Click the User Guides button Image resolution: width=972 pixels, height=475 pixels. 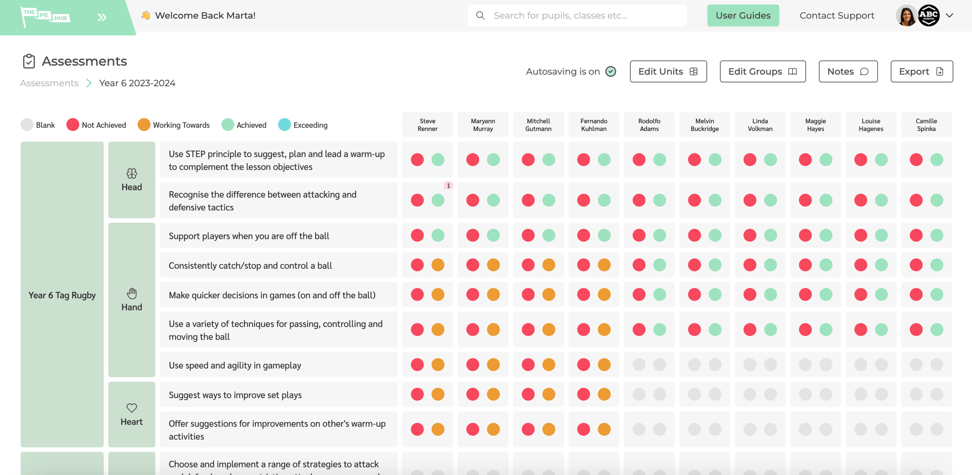click(x=743, y=16)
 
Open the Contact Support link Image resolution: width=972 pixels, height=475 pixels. click(x=837, y=16)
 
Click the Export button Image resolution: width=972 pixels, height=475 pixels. click(x=921, y=72)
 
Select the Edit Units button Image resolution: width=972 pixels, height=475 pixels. click(x=668, y=72)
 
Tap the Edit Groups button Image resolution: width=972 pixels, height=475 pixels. click(x=762, y=72)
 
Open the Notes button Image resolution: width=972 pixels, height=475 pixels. click(x=848, y=72)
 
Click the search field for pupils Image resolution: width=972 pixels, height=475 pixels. click(x=577, y=16)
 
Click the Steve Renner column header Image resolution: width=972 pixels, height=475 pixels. click(x=427, y=125)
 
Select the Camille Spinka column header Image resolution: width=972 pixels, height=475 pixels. click(x=926, y=125)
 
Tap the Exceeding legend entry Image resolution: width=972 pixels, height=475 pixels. click(x=303, y=125)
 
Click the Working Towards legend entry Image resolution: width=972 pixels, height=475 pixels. click(x=174, y=125)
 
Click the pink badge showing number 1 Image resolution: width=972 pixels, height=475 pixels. click(x=449, y=186)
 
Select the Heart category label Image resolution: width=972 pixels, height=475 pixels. click(x=131, y=421)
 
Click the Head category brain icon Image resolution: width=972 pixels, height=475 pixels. click(x=131, y=174)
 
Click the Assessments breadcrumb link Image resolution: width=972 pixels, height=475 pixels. click(x=49, y=83)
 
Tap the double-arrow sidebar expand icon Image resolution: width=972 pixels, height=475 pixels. click(x=102, y=18)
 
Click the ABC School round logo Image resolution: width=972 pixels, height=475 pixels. click(x=929, y=16)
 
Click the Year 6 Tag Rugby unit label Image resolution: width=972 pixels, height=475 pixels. click(x=62, y=295)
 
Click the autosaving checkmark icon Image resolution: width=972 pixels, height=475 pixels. click(x=611, y=72)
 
